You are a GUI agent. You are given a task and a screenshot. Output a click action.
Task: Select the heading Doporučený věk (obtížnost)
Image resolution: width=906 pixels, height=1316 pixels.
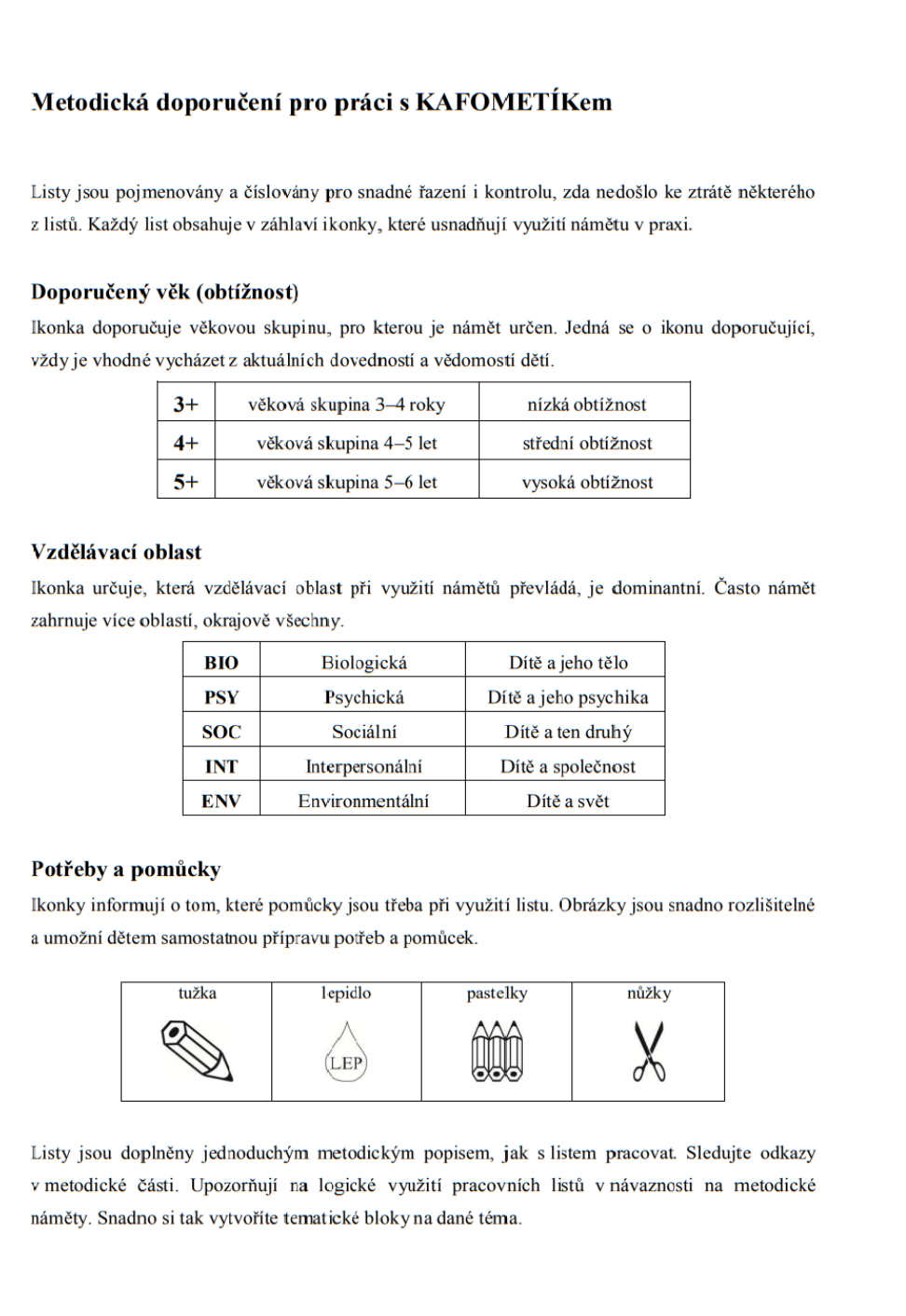tap(165, 293)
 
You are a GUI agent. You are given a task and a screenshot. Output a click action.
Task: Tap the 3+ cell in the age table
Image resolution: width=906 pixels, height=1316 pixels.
tap(186, 404)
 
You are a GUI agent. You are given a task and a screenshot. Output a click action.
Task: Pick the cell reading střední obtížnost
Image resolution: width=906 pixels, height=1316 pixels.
tap(586, 444)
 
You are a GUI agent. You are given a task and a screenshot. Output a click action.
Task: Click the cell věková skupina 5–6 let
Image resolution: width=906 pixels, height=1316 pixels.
tap(347, 483)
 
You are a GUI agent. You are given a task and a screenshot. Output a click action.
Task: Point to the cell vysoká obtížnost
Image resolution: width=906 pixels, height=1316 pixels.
tap(586, 483)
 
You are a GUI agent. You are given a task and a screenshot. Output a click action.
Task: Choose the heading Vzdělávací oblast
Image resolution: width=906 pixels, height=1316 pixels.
tap(117, 553)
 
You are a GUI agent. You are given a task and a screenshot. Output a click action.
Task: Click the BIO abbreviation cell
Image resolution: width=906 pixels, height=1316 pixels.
tap(221, 663)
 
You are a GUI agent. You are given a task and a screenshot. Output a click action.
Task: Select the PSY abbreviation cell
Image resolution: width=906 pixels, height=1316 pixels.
tap(221, 697)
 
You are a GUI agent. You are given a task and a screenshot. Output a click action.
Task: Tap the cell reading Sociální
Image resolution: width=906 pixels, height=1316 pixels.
tap(364, 732)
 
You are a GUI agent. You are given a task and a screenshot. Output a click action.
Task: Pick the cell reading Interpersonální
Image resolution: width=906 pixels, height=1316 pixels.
tap(364, 767)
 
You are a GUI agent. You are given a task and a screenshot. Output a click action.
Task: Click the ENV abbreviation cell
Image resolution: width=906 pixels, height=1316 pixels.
tap(221, 801)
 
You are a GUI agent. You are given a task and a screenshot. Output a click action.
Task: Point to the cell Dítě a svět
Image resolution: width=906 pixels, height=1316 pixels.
tap(567, 801)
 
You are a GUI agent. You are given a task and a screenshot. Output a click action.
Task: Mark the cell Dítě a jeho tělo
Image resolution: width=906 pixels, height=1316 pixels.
tap(568, 663)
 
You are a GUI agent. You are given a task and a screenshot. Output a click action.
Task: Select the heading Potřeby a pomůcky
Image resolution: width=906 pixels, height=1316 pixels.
tap(126, 870)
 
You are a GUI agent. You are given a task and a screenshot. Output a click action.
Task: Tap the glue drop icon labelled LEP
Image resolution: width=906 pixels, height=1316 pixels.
tap(346, 1053)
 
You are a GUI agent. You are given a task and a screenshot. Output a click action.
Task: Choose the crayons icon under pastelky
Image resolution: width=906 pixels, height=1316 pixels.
tap(497, 1051)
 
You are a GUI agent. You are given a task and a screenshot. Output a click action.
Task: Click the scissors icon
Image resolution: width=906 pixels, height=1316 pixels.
tap(649, 1051)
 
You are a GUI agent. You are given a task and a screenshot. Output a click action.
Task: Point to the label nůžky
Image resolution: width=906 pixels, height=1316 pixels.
tap(649, 994)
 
